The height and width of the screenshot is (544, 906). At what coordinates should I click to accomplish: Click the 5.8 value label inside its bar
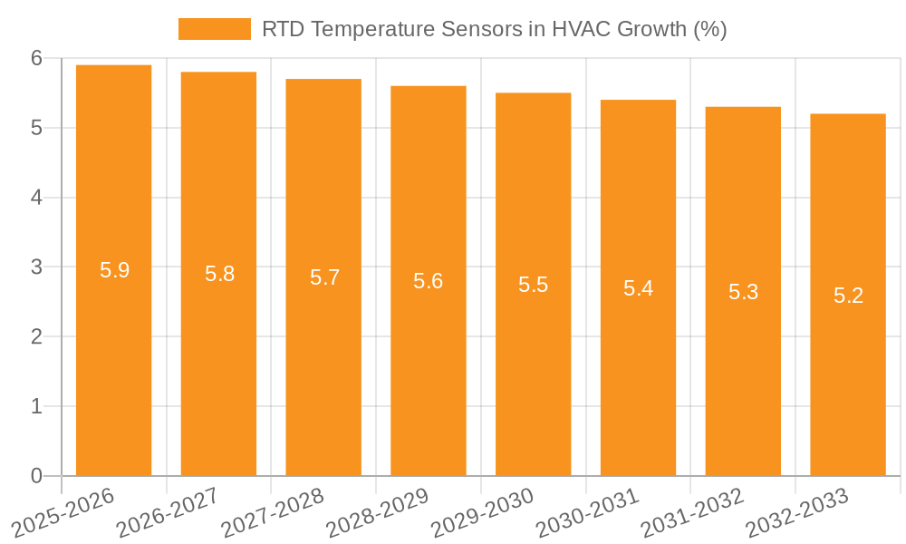pos(219,274)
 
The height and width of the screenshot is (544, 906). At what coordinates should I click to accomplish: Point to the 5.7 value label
pos(324,277)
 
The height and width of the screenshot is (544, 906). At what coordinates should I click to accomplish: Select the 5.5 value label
pos(533,285)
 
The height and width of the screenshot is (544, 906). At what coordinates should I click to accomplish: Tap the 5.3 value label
pos(743,292)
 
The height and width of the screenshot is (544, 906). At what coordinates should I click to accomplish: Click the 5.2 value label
pos(848,296)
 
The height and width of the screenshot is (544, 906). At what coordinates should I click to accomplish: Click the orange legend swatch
pos(214,29)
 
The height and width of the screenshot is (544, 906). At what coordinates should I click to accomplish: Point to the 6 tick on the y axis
pos(36,58)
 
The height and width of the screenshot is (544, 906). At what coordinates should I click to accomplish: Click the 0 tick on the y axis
pos(36,476)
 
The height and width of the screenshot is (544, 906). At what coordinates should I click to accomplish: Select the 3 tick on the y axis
pos(36,267)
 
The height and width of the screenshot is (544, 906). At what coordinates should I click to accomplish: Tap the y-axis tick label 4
pos(36,198)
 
